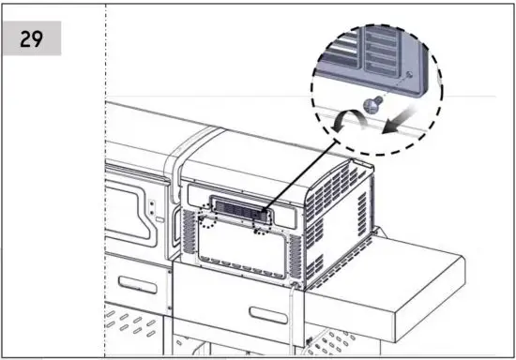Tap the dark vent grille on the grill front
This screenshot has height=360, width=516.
pos(236,208)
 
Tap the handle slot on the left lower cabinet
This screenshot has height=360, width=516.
pos(131,285)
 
